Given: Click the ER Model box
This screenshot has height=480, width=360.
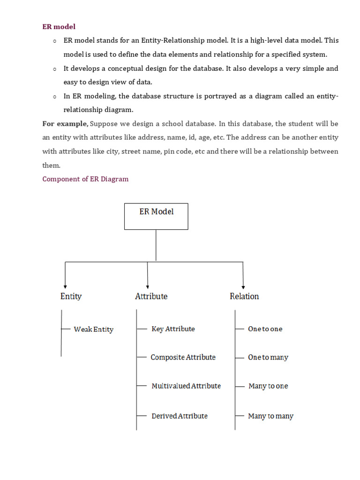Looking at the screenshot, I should point(156,216).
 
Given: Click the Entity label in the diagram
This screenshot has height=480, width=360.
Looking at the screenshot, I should point(71,296).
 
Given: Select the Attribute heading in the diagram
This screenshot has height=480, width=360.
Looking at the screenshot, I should point(151,296).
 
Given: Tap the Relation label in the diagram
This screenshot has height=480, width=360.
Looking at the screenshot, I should point(244,296).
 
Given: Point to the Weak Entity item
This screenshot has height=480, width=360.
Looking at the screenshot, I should point(93,330).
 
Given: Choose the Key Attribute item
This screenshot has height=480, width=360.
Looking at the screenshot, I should point(173,329).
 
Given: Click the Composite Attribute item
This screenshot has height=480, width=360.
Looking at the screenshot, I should point(183,357).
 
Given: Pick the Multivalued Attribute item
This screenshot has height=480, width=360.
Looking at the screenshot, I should point(186,386).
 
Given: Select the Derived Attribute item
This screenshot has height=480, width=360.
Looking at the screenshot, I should point(179,416).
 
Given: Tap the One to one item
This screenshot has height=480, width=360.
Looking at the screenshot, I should point(265,329).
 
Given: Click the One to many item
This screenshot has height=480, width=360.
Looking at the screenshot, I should point(268,358).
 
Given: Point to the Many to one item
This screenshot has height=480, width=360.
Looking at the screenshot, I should point(268,386).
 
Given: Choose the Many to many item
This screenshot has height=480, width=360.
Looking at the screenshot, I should point(270,416).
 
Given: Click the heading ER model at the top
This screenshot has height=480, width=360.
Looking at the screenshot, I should point(59,27).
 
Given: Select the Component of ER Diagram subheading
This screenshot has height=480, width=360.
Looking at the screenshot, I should point(85,179).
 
